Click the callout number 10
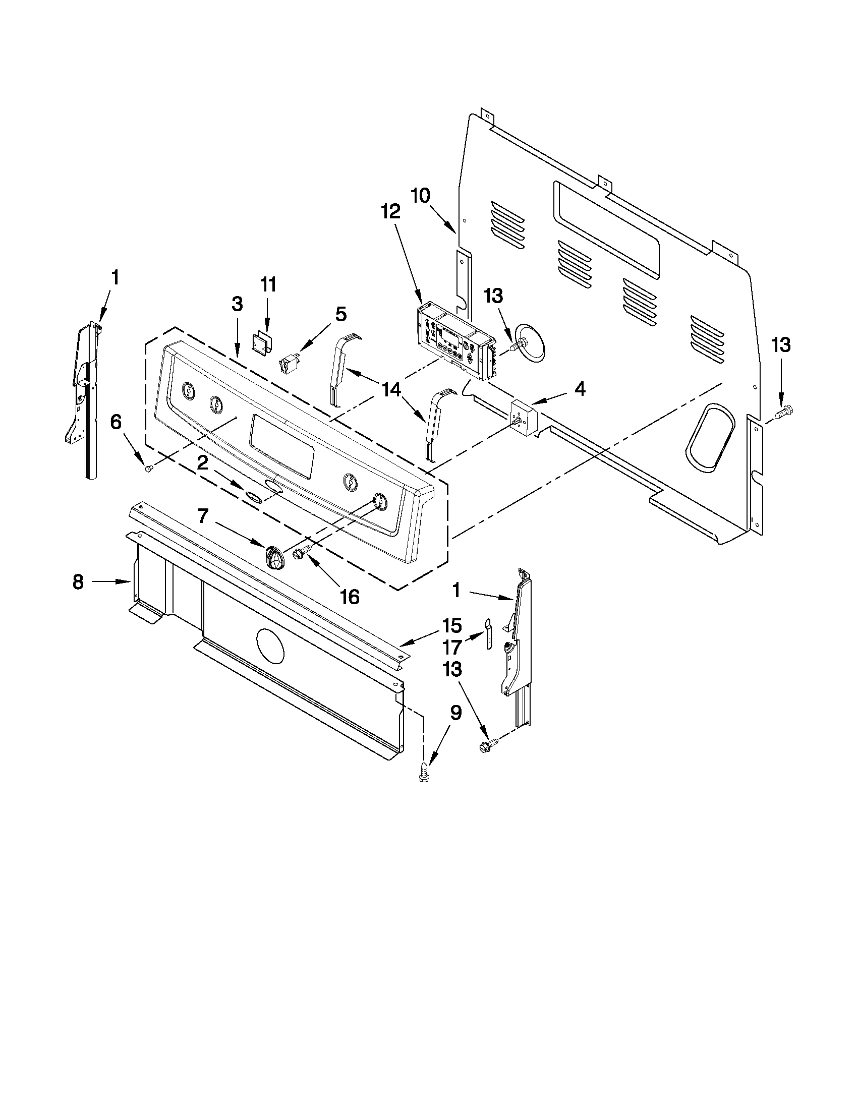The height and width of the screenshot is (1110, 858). point(420,196)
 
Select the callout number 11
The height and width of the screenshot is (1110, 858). point(268,284)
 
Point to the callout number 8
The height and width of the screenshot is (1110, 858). point(78,581)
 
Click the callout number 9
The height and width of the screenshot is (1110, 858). point(455,713)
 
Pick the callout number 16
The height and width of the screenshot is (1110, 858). point(350,597)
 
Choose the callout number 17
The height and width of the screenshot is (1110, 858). point(452,647)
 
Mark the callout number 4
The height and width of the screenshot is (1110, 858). point(580,389)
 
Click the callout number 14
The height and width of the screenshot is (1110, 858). point(391,390)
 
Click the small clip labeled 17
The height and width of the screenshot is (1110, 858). point(488,633)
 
